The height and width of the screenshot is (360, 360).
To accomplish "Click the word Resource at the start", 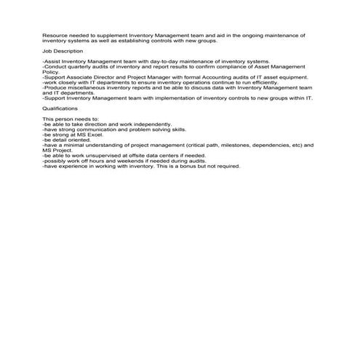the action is [x=54, y=35].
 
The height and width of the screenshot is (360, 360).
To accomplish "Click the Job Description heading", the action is [x=63, y=52].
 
